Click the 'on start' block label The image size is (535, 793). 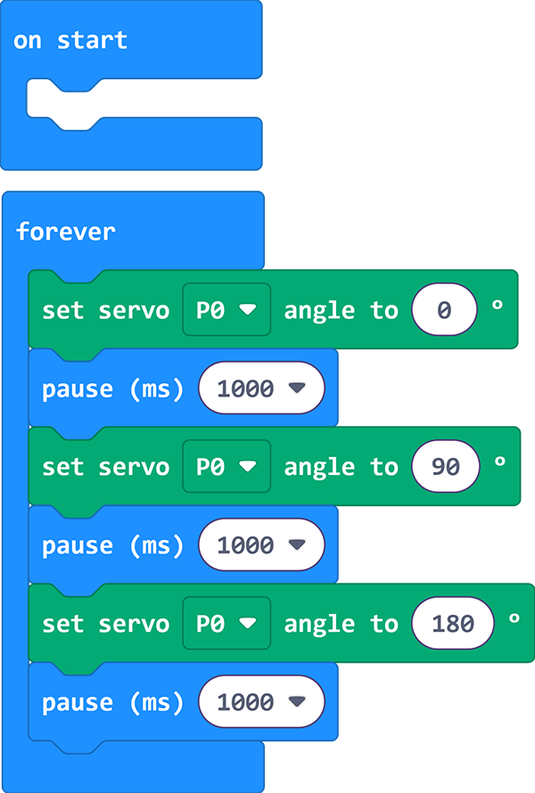(70, 40)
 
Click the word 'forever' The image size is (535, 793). (66, 232)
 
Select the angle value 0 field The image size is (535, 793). (444, 309)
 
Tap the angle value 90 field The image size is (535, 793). (446, 466)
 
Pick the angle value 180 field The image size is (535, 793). (453, 623)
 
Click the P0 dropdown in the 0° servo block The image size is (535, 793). (226, 309)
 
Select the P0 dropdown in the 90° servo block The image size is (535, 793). (226, 466)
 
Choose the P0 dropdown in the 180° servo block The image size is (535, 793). (226, 623)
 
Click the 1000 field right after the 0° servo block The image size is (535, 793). (261, 388)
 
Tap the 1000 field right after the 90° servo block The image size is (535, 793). (261, 544)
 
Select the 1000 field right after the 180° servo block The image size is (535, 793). (261, 701)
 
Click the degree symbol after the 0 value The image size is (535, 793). (498, 305)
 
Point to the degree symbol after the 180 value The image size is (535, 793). (514, 618)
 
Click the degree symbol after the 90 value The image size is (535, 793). (500, 462)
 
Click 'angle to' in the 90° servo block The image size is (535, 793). (342, 467)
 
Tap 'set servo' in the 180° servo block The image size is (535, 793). (106, 624)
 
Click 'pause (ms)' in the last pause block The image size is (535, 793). (113, 702)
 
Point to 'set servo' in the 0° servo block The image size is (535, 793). (106, 310)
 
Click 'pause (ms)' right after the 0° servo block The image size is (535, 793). (113, 388)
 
